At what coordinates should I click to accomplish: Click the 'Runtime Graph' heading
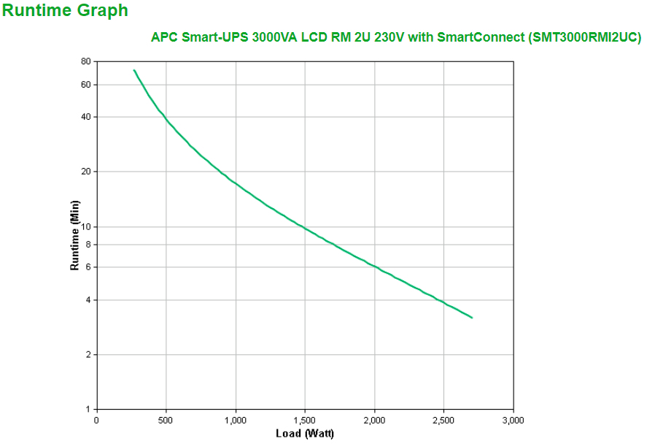point(65,11)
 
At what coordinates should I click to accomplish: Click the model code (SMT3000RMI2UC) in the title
point(584,38)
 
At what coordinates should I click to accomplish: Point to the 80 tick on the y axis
point(85,62)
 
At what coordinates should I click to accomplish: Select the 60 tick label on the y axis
point(85,85)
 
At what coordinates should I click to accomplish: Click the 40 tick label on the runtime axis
point(85,117)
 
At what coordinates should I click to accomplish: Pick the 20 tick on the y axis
point(85,172)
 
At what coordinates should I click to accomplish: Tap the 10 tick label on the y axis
point(85,226)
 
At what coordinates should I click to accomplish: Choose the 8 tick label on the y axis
point(88,245)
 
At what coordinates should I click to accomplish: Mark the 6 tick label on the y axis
point(88,267)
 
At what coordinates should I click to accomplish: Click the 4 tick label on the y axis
point(88,300)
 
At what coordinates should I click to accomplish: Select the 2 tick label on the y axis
point(88,355)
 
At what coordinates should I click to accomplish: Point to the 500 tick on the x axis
point(166,421)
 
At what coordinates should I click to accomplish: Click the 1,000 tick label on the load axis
point(235,421)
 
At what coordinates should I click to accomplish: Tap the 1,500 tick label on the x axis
point(305,421)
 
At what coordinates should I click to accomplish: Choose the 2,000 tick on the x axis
point(374,421)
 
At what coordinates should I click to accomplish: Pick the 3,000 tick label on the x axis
point(513,421)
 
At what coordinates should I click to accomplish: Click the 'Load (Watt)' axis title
point(304,434)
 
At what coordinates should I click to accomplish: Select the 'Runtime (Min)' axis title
point(74,235)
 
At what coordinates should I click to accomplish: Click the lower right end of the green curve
point(472,318)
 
